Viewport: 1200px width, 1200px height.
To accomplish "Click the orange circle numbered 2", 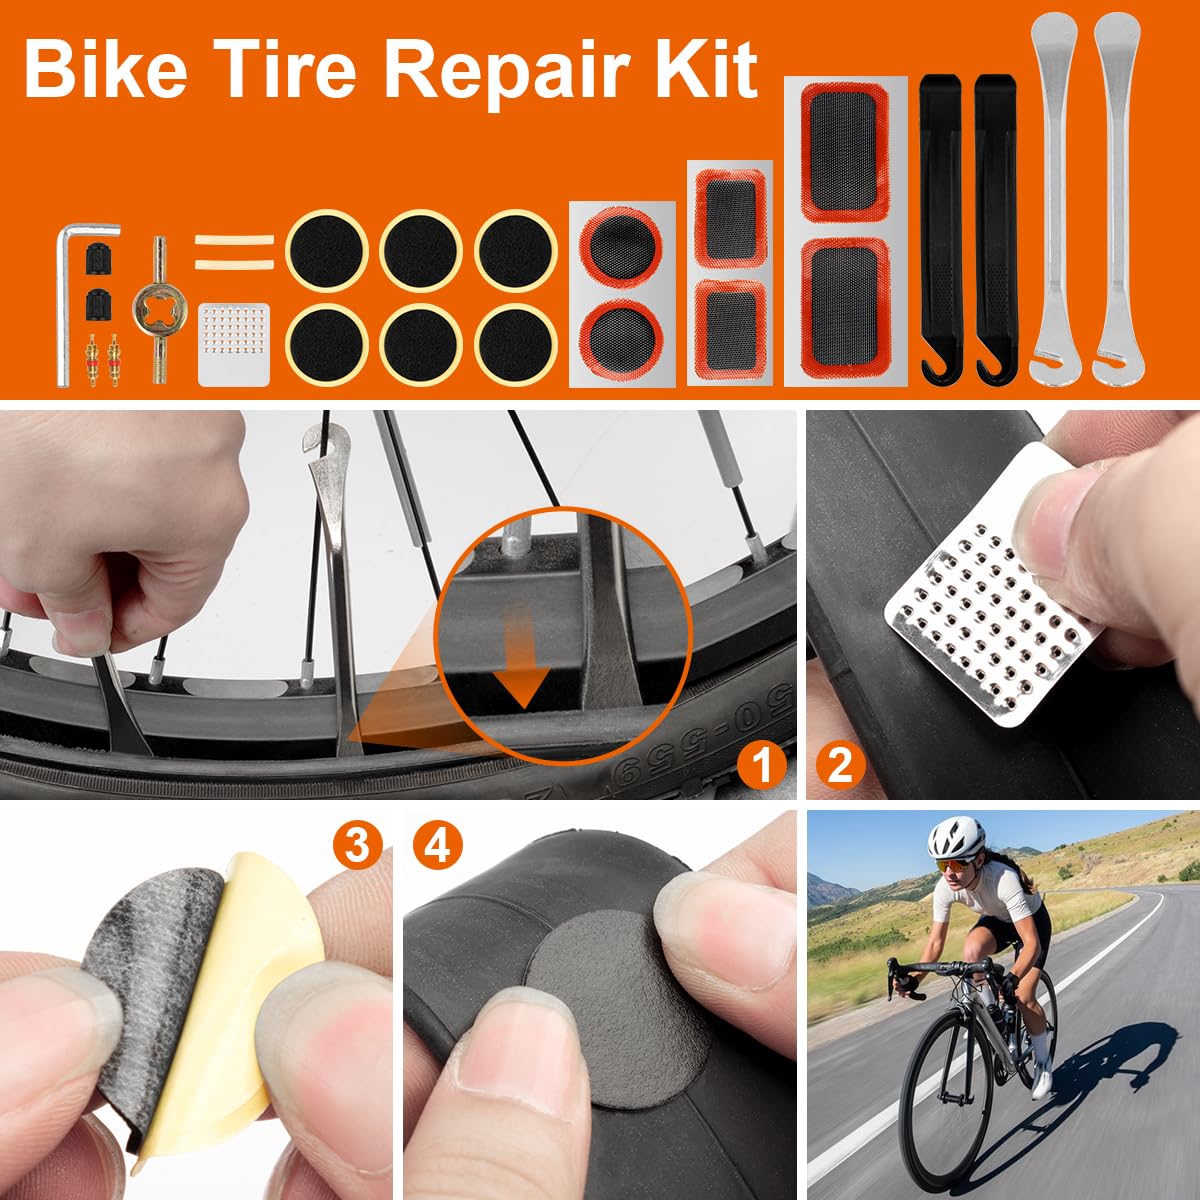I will click(x=840, y=765).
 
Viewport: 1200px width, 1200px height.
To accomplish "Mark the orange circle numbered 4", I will click(x=438, y=846).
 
